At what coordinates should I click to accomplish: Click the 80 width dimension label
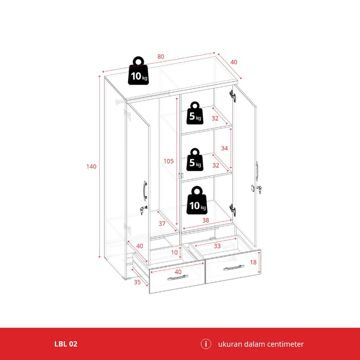pyautogui.click(x=161, y=57)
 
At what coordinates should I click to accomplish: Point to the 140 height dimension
pyautogui.click(x=91, y=167)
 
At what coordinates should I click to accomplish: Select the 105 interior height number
pyautogui.click(x=169, y=161)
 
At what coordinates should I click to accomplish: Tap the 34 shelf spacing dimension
pyautogui.click(x=224, y=148)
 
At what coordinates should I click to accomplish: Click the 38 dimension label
pyautogui.click(x=204, y=221)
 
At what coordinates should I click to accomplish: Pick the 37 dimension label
pyautogui.click(x=162, y=224)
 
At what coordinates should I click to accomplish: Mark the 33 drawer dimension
pyautogui.click(x=217, y=245)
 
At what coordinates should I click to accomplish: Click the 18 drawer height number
pyautogui.click(x=253, y=262)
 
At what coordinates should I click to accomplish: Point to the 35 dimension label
pyautogui.click(x=137, y=283)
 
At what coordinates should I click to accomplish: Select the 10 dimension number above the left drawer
pyautogui.click(x=174, y=252)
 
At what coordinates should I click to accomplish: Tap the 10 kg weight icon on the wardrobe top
pyautogui.click(x=138, y=70)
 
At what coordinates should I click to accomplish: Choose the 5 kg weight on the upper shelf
pyautogui.click(x=195, y=113)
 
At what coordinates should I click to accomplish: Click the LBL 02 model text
pyautogui.click(x=66, y=344)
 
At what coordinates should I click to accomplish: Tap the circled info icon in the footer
pyautogui.click(x=205, y=344)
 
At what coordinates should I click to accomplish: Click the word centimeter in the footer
pyautogui.click(x=282, y=344)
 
